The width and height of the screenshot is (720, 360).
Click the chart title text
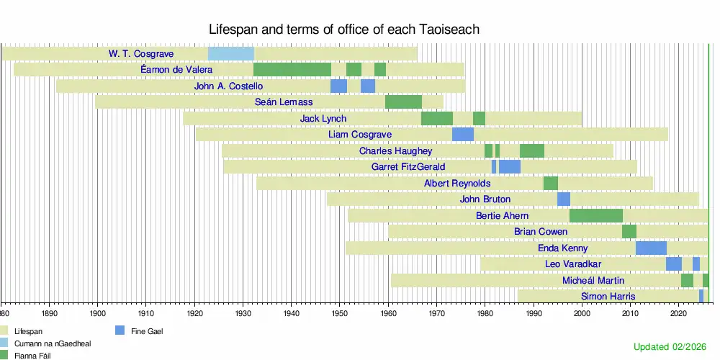coord(344,30)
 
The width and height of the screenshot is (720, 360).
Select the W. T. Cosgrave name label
coord(141,54)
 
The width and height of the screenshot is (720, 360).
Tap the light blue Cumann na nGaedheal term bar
coord(231,54)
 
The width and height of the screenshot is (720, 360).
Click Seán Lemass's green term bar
coord(404,102)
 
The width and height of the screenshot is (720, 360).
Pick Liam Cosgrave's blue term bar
coord(463,135)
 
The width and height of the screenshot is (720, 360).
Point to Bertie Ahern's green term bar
coord(596,216)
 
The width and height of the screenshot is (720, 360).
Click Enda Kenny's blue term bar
coord(651,248)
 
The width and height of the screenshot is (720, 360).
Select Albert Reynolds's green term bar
coord(551,183)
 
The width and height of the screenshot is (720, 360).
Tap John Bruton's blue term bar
coord(564,199)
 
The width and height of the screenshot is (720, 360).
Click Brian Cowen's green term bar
coord(629,231)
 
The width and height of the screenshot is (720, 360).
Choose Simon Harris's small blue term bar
coord(701,296)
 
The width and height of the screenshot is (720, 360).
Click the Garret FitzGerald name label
coord(408,167)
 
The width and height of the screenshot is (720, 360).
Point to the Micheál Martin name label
coord(593,280)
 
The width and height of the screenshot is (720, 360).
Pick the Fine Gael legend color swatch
coord(120,330)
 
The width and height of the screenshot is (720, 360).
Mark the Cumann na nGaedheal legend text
coord(50,343)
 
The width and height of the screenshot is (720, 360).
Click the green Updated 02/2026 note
coord(670,347)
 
